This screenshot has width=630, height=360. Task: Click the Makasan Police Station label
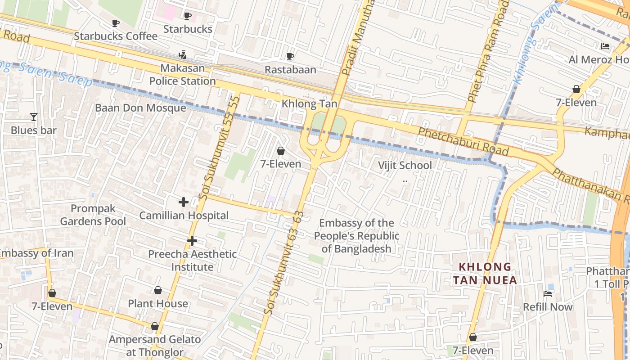click(x=183, y=75)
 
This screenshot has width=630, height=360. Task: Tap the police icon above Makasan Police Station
click(x=182, y=55)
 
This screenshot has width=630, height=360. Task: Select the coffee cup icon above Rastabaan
click(x=290, y=56)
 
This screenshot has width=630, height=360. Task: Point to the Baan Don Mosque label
click(x=140, y=108)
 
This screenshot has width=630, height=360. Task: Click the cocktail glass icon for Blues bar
click(x=34, y=117)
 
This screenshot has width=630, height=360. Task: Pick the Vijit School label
click(x=405, y=165)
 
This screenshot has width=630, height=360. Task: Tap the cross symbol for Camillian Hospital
click(x=184, y=202)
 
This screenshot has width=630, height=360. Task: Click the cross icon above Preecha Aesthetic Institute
click(x=192, y=241)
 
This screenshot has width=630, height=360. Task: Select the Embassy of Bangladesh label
click(x=356, y=236)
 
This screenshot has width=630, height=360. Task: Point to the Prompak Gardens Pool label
click(x=93, y=215)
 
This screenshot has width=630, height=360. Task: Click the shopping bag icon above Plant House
click(x=157, y=290)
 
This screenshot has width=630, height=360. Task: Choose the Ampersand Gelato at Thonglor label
click(x=154, y=346)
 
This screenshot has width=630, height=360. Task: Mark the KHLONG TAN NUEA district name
click(x=485, y=273)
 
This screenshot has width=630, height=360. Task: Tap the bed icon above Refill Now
click(x=548, y=294)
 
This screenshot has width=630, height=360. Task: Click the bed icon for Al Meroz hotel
click(x=605, y=46)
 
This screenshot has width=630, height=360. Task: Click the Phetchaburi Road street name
click(x=463, y=141)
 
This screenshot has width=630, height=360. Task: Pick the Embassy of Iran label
click(x=36, y=253)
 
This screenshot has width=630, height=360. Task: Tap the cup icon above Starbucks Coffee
click(x=116, y=23)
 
